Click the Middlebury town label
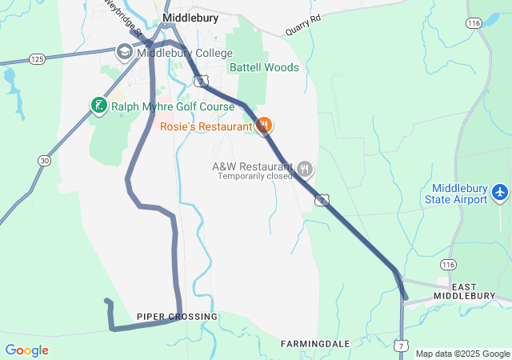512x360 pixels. tap(190, 17)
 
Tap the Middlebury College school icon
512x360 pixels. tap(124, 53)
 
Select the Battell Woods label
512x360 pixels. tap(264, 68)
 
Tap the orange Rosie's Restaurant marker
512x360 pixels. tap(265, 126)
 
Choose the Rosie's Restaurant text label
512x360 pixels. tap(206, 126)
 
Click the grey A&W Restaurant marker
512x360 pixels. tap(305, 169)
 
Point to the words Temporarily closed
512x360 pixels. tap(255, 176)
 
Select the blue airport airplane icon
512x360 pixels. tap(500, 193)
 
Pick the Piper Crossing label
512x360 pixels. tap(177, 318)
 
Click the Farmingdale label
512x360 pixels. tap(315, 343)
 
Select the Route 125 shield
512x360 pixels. tap(36, 59)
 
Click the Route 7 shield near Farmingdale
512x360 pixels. tap(399, 345)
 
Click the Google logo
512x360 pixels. tap(26, 350)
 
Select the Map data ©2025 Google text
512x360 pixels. tap(462, 354)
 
